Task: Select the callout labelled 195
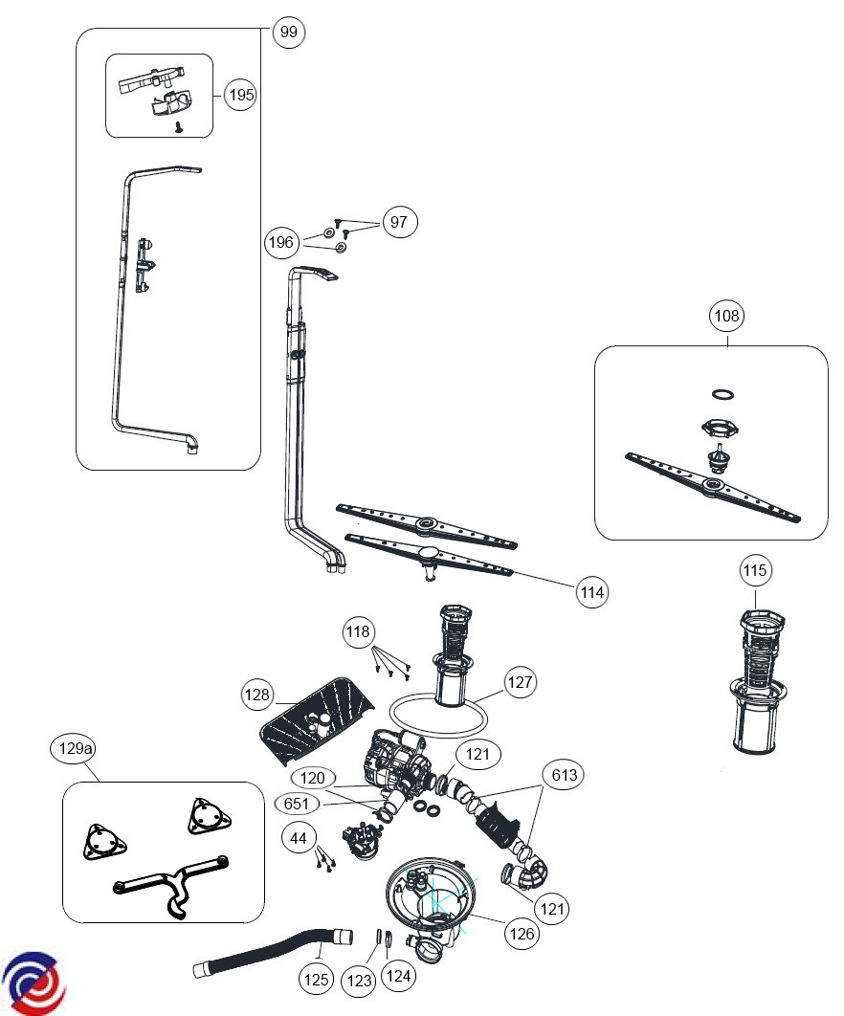[240, 95]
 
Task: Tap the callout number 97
[399, 222]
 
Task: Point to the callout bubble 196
[281, 243]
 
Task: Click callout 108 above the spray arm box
[727, 315]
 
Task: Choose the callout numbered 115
[755, 571]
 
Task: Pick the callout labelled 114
[592, 592]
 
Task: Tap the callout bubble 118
[358, 631]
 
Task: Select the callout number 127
[520, 682]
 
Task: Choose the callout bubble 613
[564, 775]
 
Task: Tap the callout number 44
[299, 838]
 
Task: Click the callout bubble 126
[522, 934]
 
